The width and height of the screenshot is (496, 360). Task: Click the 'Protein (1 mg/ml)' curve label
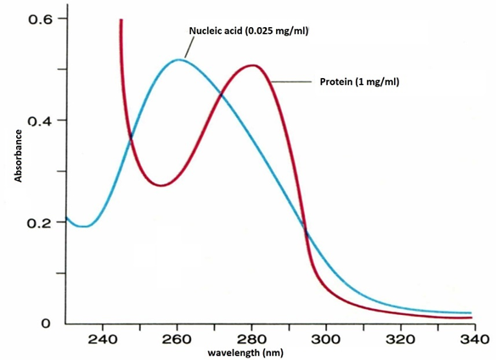click(359, 82)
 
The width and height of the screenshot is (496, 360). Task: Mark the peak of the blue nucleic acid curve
click(180, 59)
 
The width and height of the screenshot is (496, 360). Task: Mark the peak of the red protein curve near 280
click(253, 65)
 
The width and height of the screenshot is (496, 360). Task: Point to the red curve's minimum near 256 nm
click(162, 185)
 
